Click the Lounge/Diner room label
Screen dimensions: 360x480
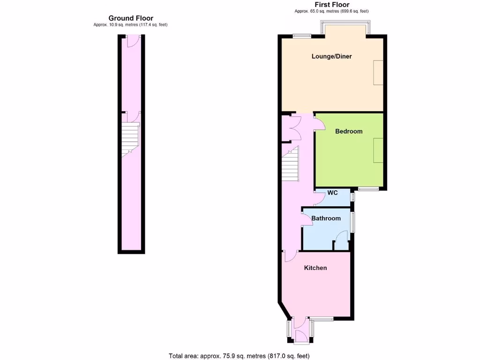(x=331, y=57)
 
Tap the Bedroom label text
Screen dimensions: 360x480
(x=349, y=131)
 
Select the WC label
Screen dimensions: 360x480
(x=332, y=193)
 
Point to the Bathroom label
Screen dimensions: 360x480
(x=326, y=218)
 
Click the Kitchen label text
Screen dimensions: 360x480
(x=315, y=268)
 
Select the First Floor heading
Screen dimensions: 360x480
(x=334, y=5)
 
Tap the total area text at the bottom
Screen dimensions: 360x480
(x=240, y=356)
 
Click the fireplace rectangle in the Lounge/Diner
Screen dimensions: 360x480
(x=378, y=73)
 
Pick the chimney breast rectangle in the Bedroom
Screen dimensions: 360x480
(x=378, y=150)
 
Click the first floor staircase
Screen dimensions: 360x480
(x=290, y=164)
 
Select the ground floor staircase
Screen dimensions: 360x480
(x=130, y=139)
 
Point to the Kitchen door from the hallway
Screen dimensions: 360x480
(x=290, y=256)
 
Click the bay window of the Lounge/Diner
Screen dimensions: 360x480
(x=346, y=28)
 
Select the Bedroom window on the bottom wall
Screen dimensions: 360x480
(x=368, y=189)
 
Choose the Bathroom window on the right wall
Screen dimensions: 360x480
(x=353, y=222)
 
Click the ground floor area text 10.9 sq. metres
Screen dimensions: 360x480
(x=130, y=24)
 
